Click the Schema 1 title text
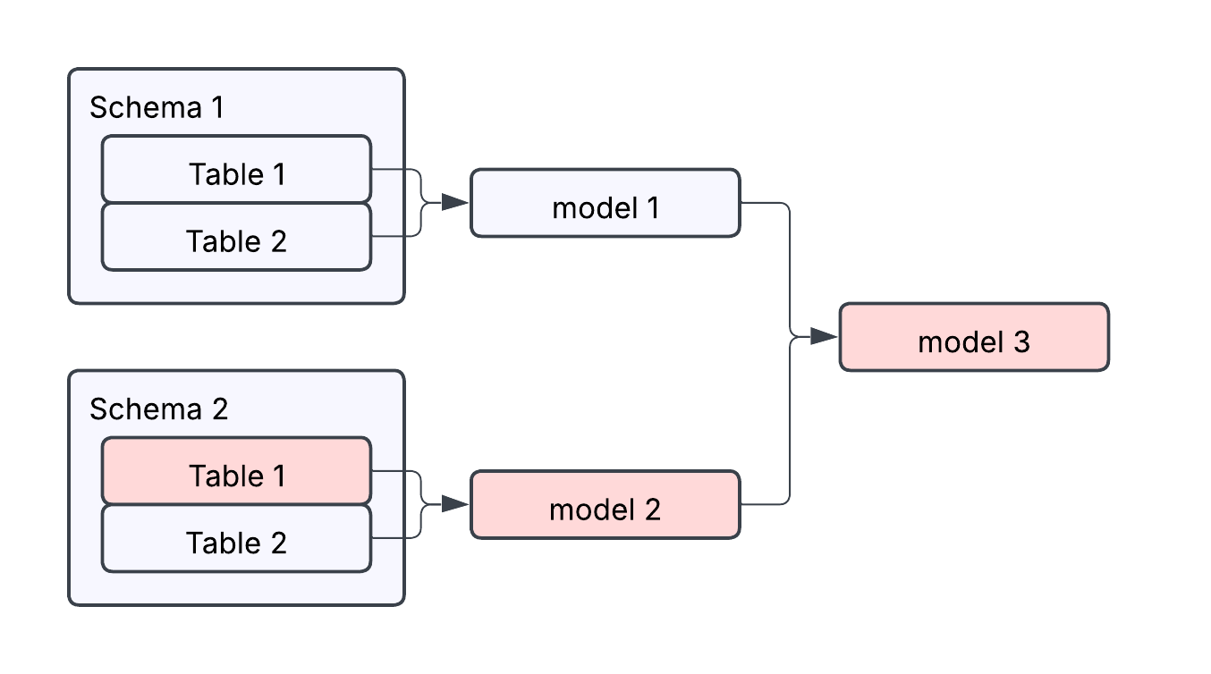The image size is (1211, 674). click(157, 108)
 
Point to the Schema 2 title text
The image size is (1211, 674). click(158, 409)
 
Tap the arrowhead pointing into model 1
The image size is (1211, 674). click(455, 203)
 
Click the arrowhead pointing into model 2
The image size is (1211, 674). click(455, 504)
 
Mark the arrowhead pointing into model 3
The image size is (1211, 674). click(824, 337)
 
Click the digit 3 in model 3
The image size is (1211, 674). click(1020, 342)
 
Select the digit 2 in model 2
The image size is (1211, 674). click(651, 510)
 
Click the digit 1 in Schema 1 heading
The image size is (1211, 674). click(216, 108)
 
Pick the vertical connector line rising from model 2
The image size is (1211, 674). click(791, 429)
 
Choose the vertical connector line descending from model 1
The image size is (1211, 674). click(791, 268)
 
